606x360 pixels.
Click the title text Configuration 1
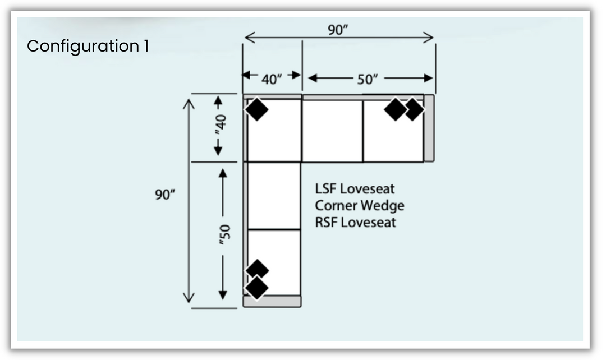[88, 47]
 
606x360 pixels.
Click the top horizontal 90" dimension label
[338, 30]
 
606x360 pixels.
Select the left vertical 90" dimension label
[165, 195]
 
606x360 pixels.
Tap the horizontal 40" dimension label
[272, 79]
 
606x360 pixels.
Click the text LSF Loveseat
[355, 188]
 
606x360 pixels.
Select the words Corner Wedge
[359, 205]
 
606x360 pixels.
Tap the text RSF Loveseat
[355, 222]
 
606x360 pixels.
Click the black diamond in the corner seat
[257, 109]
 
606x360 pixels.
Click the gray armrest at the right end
[429, 128]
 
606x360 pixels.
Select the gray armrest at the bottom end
[272, 302]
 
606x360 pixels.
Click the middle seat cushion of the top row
[332, 130]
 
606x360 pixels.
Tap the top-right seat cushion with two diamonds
[393, 135]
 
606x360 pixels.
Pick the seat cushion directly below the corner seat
[274, 195]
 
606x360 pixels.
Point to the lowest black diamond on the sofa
[257, 288]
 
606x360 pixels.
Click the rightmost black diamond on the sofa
[414, 109]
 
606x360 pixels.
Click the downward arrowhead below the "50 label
[223, 294]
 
